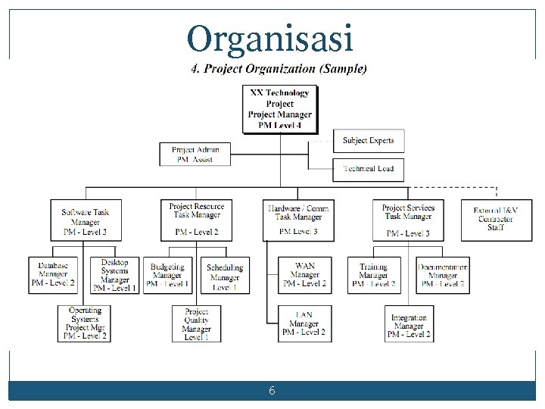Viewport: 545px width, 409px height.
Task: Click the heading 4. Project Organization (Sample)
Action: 279,69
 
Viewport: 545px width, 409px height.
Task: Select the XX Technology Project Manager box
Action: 280,109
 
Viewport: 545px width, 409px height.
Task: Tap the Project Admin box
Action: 195,155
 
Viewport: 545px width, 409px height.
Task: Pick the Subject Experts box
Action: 368,141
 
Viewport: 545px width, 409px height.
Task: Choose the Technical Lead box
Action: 368,169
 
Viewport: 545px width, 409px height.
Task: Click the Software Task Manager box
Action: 85,220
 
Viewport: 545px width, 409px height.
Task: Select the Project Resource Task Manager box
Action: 196,220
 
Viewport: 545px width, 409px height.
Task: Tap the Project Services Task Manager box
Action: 408,220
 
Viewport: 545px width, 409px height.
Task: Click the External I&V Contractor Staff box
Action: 496,220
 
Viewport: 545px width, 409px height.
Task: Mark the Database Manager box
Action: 53,275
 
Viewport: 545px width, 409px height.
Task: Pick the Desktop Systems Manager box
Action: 114,275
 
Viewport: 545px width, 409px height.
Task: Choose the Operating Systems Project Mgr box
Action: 84,323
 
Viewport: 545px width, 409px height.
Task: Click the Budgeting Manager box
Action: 167,275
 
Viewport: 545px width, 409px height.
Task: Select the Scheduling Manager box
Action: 225,276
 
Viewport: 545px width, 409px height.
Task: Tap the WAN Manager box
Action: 304,275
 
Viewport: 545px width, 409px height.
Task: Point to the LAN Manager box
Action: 304,323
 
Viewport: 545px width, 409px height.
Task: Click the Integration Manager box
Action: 409,326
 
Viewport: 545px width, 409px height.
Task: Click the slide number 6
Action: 272,391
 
